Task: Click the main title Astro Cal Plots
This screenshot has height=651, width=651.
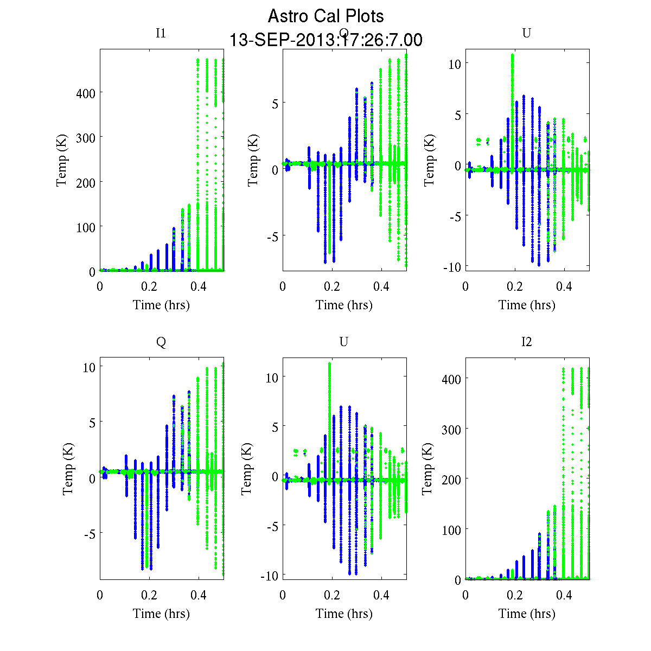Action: (325, 16)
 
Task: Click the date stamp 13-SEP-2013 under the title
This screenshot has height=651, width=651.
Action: (325, 40)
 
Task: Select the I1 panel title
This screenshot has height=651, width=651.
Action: (161, 33)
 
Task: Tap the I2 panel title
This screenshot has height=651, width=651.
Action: (526, 342)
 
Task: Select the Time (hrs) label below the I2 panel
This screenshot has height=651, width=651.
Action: (527, 614)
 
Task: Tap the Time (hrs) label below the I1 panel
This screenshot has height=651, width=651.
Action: (161, 305)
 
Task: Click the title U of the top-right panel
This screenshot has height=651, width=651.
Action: (526, 33)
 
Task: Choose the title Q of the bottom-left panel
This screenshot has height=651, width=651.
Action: (161, 342)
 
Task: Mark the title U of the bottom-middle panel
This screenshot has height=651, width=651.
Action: (343, 342)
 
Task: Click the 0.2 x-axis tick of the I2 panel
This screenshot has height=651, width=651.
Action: (515, 595)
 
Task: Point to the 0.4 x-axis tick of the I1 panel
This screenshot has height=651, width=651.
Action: (199, 286)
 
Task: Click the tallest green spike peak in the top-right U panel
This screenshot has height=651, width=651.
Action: (512, 55)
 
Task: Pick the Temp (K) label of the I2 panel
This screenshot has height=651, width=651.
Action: (427, 469)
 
